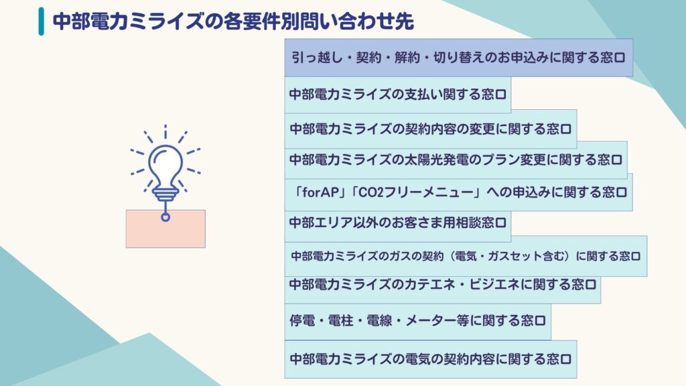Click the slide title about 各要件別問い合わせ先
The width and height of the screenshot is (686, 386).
[232, 21]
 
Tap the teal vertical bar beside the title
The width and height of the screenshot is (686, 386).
[41, 21]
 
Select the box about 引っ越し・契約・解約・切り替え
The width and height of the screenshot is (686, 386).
[458, 58]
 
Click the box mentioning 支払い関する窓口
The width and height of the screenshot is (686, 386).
[398, 94]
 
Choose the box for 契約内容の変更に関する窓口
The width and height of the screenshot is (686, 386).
[431, 129]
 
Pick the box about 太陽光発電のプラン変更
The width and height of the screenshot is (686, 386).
[456, 159]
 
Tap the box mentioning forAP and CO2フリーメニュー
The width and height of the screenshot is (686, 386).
[458, 192]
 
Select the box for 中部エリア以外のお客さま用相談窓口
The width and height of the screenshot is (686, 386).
[398, 222]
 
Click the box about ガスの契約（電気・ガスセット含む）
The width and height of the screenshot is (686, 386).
[466, 256]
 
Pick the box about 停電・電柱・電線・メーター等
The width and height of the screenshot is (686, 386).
[418, 321]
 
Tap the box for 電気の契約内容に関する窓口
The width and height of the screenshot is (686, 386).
[431, 359]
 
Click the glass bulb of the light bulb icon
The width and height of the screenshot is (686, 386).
[165, 166]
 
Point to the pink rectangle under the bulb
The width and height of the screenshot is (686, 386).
[165, 229]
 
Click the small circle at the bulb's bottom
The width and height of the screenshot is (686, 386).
[165, 216]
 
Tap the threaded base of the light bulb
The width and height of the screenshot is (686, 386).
[165, 194]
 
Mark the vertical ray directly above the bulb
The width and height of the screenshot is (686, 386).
[165, 132]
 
